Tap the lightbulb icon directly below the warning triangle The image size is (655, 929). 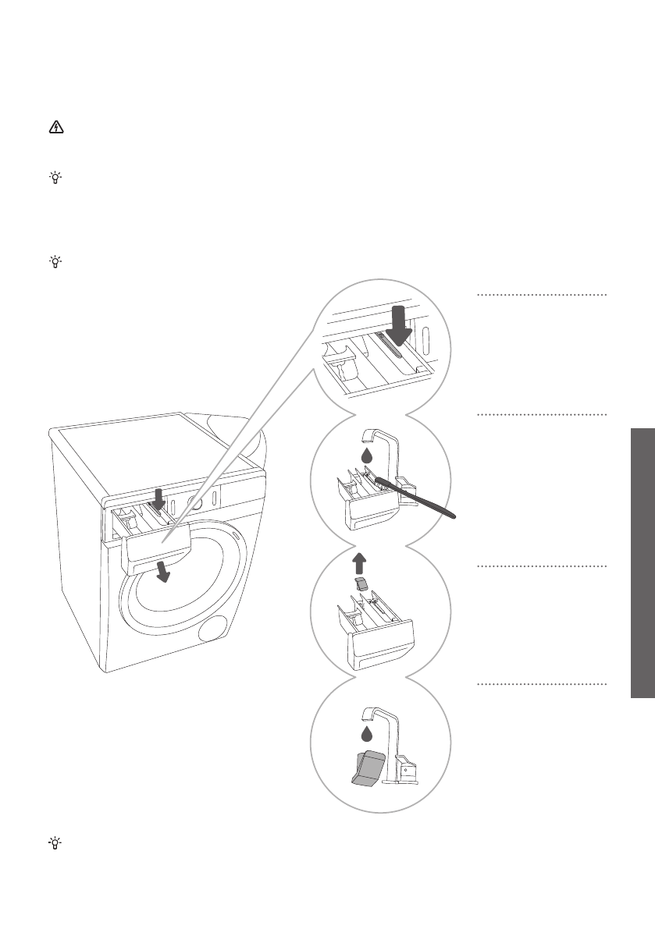pos(55,178)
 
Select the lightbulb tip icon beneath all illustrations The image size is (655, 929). pos(55,843)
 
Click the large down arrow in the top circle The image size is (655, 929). pos(399,325)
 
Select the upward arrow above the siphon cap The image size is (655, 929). pos(358,560)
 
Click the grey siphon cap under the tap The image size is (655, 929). pos(367,766)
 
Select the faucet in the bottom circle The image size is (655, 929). pos(390,741)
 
